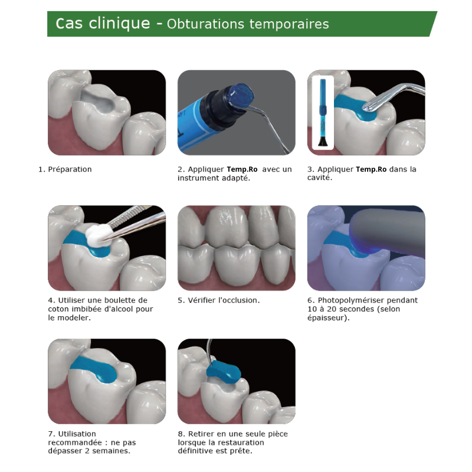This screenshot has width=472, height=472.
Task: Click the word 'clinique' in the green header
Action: pyautogui.click(x=119, y=24)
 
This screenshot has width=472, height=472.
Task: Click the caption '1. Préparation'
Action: pyautogui.click(x=65, y=169)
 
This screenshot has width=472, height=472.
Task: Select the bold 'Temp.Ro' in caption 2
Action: pyautogui.click(x=242, y=169)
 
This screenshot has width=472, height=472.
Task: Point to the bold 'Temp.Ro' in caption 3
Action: pyautogui.click(x=371, y=169)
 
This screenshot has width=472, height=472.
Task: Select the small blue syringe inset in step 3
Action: pyautogui.click(x=323, y=112)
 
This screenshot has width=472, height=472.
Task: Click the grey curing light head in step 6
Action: pyautogui.click(x=387, y=232)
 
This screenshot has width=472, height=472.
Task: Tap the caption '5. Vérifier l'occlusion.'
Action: pyautogui.click(x=218, y=300)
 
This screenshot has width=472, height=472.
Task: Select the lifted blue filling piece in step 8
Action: pyautogui.click(x=224, y=372)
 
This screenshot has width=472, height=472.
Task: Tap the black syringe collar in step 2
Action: pyautogui.click(x=218, y=108)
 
